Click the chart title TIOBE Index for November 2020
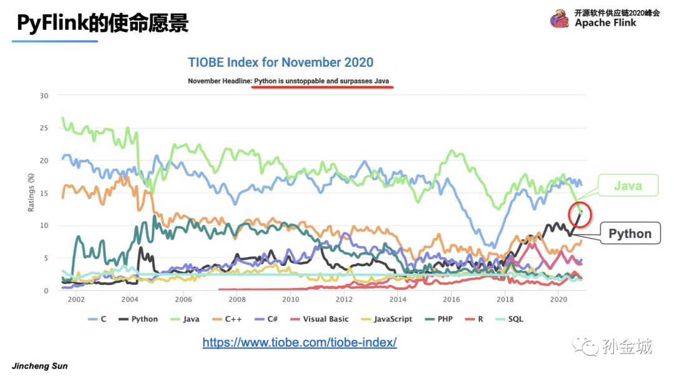(x=281, y=62)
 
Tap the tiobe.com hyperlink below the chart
(x=300, y=342)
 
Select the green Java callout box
(x=627, y=186)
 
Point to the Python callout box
(x=630, y=234)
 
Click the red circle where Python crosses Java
(x=579, y=214)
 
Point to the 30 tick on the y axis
(x=44, y=96)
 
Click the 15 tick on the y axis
(x=44, y=193)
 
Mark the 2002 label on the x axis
(x=76, y=300)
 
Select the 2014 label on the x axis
(x=398, y=300)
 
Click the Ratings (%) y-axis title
(x=31, y=193)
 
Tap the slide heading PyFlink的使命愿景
(x=102, y=23)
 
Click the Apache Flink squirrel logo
(x=559, y=19)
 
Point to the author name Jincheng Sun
(x=40, y=366)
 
